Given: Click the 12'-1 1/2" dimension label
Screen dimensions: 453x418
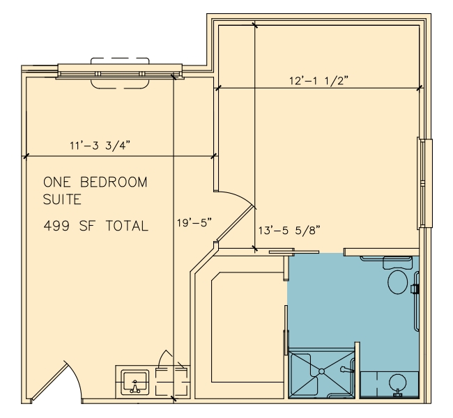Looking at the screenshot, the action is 318,81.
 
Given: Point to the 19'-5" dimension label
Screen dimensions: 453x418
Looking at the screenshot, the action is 194,223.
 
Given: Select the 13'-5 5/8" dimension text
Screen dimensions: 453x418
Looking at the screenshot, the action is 289,231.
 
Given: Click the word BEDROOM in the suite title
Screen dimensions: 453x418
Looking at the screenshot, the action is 114,183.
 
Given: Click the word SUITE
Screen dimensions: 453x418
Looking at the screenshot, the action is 62,199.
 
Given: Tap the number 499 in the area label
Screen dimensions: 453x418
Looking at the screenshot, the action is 56,226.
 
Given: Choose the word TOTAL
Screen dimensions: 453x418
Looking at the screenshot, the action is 127,226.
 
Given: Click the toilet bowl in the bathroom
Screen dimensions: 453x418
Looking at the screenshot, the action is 398,282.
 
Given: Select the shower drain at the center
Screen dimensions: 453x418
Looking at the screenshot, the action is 321,371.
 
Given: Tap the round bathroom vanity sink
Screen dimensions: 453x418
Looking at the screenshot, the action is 398,382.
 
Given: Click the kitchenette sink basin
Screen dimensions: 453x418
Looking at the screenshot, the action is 135,382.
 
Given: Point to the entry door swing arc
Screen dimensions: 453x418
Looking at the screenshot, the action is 75,378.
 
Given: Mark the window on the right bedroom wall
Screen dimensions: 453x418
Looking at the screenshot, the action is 424,184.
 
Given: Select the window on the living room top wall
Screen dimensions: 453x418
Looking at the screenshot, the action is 120,71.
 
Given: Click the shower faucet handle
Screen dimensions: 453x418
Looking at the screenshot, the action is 346,369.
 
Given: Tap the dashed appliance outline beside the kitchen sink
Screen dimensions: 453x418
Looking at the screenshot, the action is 171,382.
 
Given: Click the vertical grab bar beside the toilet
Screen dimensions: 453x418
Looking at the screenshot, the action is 416,301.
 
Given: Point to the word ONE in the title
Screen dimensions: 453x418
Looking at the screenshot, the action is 56,183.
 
